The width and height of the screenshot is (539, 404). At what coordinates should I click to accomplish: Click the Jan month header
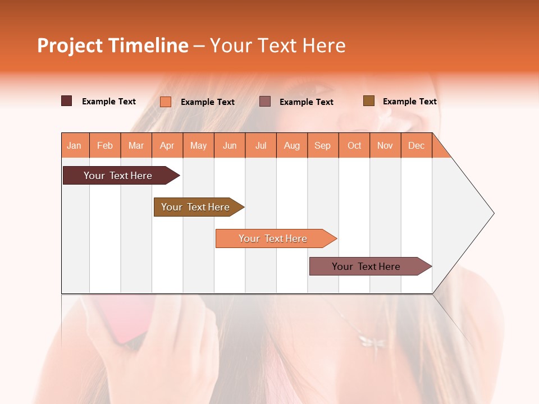(75, 145)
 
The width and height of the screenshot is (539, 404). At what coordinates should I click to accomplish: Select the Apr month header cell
(167, 145)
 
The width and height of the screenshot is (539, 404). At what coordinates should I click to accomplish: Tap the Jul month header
(261, 145)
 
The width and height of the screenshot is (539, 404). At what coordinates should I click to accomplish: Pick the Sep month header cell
(322, 145)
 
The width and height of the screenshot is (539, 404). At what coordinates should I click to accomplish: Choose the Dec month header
(416, 145)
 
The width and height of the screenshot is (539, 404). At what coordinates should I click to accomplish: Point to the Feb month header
(105, 145)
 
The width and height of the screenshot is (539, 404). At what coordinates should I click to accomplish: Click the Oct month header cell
(354, 145)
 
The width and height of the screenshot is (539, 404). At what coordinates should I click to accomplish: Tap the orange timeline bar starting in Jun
(274, 238)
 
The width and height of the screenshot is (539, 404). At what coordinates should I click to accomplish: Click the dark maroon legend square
(67, 101)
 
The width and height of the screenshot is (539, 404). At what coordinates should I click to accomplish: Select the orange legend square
(166, 102)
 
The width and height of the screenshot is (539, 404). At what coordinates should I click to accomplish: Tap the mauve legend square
(265, 101)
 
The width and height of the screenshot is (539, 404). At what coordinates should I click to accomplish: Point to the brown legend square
(368, 101)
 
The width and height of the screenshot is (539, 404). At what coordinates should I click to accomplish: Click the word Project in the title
(70, 45)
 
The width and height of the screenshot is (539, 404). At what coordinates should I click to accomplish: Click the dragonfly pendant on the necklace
(371, 340)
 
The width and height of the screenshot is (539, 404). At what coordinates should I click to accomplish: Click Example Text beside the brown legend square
(409, 102)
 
